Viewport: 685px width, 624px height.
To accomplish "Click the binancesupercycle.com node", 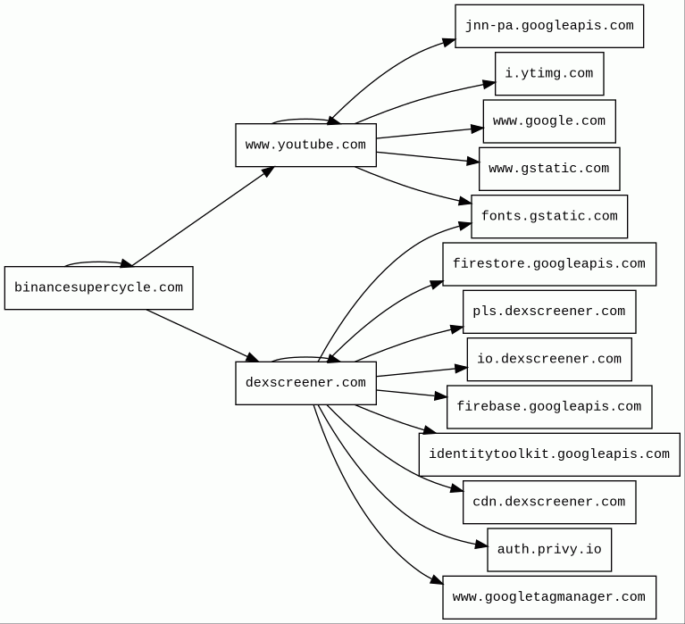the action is click(99, 287).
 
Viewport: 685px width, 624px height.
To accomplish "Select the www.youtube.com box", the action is click(305, 145).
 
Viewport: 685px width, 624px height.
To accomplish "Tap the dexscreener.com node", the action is click(305, 383).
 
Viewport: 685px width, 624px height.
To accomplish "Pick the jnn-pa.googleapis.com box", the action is click(549, 26).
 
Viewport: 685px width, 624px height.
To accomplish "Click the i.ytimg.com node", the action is click(549, 74).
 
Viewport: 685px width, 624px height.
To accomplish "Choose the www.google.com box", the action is click(549, 121).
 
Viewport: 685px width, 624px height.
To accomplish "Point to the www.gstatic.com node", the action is click(549, 169).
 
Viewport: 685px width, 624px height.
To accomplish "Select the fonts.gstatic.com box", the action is click(549, 217).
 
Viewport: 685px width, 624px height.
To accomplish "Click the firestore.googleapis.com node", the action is click(549, 264).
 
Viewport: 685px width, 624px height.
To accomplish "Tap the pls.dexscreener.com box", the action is click(549, 312).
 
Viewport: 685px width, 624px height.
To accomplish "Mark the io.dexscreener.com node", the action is click(549, 360).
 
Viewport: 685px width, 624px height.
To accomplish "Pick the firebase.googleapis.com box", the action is click(549, 407).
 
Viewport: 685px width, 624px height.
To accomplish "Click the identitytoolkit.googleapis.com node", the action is click(549, 454).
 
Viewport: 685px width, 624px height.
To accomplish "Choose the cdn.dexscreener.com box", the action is click(549, 503).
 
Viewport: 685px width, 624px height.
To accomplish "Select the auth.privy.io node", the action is click(549, 550).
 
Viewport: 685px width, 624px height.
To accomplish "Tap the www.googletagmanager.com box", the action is click(549, 597).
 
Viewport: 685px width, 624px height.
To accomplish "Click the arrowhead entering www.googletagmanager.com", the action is click(437, 580).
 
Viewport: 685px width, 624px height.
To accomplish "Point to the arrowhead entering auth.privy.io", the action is click(481, 545).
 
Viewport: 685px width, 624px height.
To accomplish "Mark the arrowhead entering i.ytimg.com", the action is click(489, 84).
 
